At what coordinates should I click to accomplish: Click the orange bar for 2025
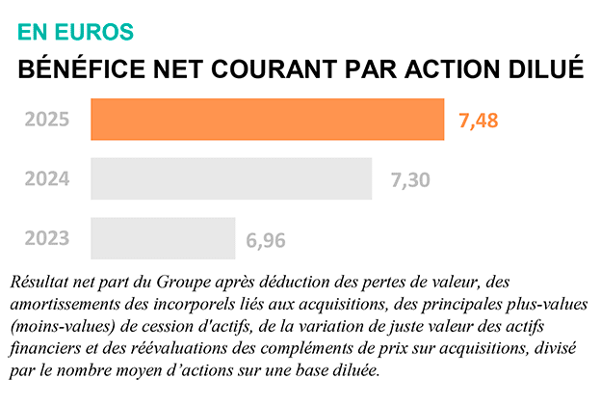pos(268,120)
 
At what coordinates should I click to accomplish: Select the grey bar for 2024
pos(231,178)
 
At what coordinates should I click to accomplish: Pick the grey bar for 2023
pos(163,238)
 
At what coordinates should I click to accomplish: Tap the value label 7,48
pos(479,121)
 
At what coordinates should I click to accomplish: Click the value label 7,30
pos(410,179)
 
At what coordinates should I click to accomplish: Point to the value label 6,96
pos(266,239)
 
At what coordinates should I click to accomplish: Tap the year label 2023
pos(47,238)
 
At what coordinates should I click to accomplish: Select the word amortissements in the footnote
pos(60,305)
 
